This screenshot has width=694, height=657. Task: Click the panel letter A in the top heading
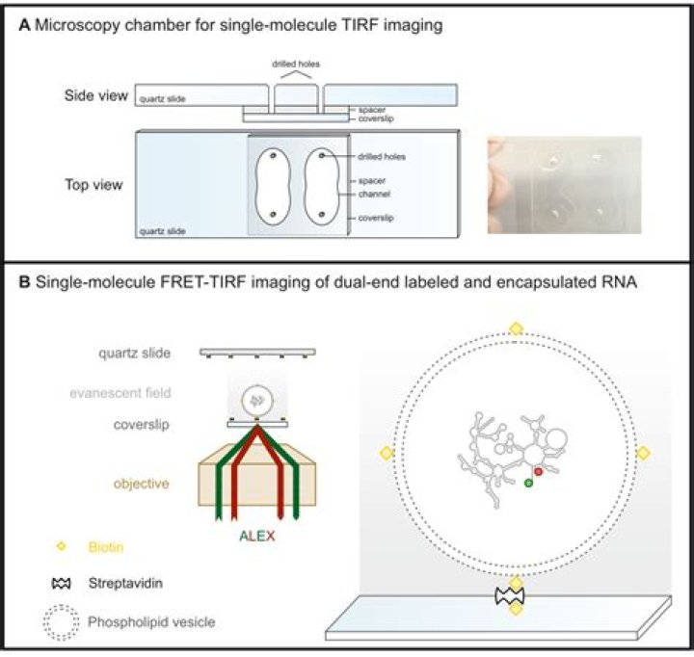click(25, 27)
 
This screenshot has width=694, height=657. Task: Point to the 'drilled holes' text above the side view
click(293, 65)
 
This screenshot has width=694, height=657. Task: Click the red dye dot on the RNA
click(539, 472)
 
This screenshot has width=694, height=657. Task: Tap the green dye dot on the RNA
click(528, 483)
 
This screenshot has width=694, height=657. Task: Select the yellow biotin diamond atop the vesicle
click(516, 328)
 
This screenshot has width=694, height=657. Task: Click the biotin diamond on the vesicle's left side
click(387, 453)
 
